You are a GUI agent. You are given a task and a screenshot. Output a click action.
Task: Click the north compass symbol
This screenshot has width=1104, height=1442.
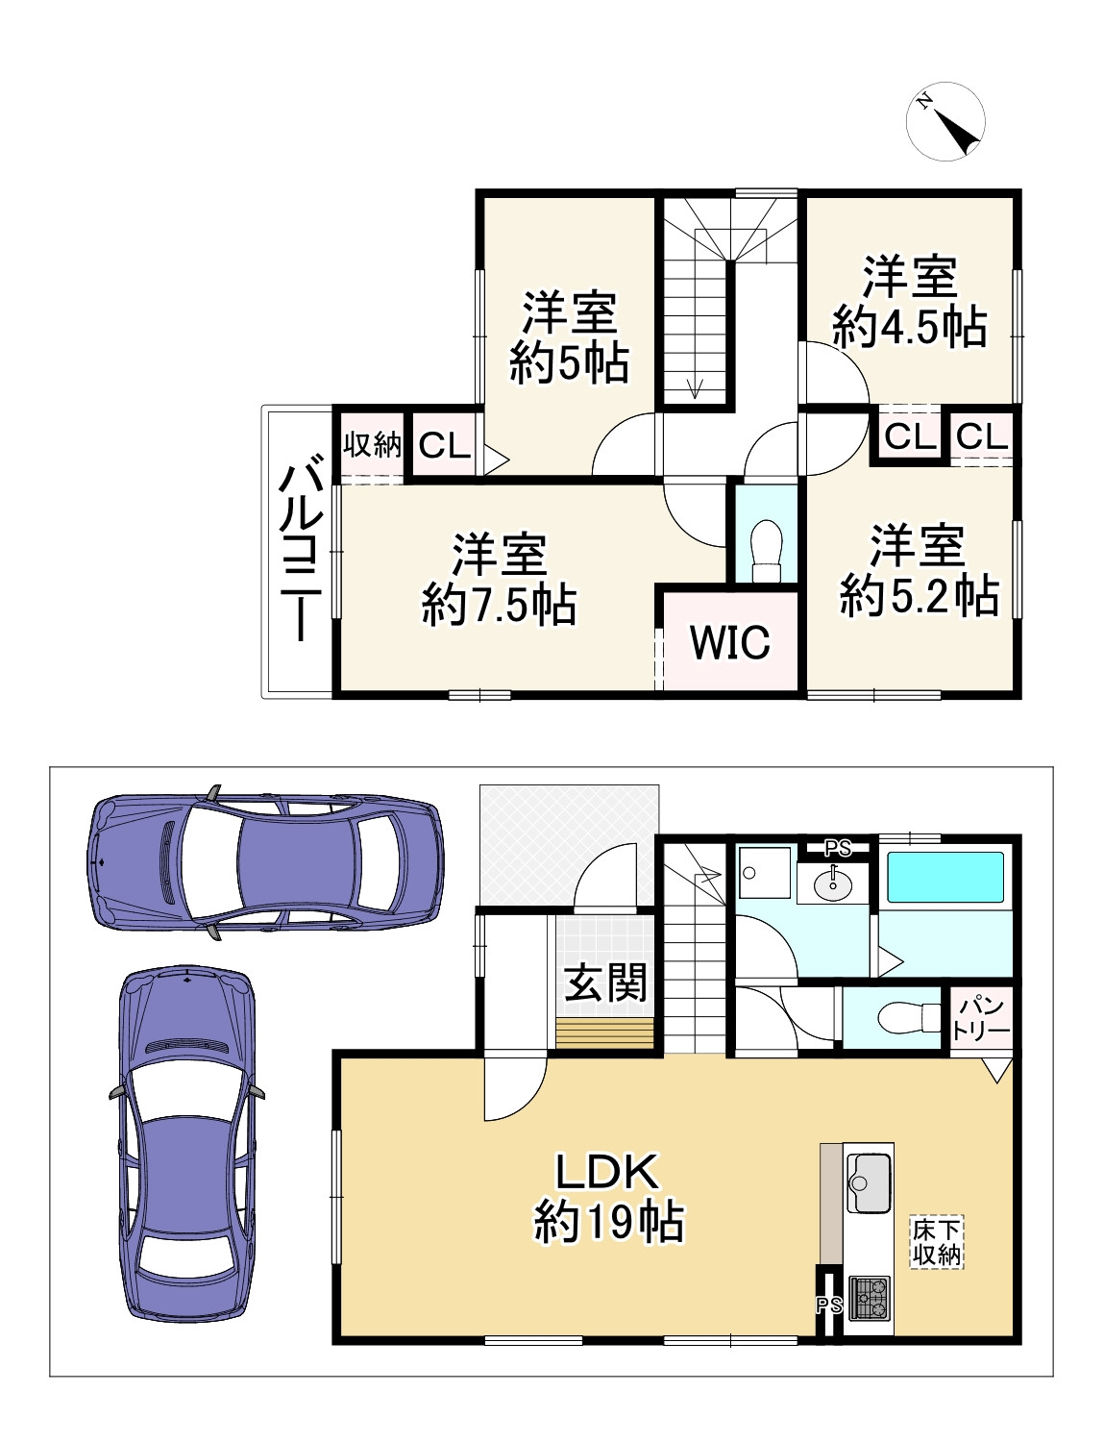(945, 121)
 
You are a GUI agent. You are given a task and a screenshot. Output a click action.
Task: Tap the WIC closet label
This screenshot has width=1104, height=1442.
(730, 642)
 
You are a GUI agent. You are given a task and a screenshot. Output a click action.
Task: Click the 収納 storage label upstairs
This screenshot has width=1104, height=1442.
(372, 444)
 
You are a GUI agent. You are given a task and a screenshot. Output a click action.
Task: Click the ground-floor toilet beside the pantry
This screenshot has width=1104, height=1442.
(908, 1018)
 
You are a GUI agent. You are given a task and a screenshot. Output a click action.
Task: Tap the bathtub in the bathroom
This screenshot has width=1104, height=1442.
(945, 878)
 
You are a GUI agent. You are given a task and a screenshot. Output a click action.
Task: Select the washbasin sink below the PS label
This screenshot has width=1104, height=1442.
(833, 883)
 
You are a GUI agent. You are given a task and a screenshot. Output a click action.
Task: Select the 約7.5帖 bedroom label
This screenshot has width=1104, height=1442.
(500, 605)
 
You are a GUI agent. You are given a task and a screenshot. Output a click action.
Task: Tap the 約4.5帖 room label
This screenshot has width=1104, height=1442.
(910, 327)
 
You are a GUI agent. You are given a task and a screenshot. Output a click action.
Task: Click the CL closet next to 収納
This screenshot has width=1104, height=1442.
(444, 444)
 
